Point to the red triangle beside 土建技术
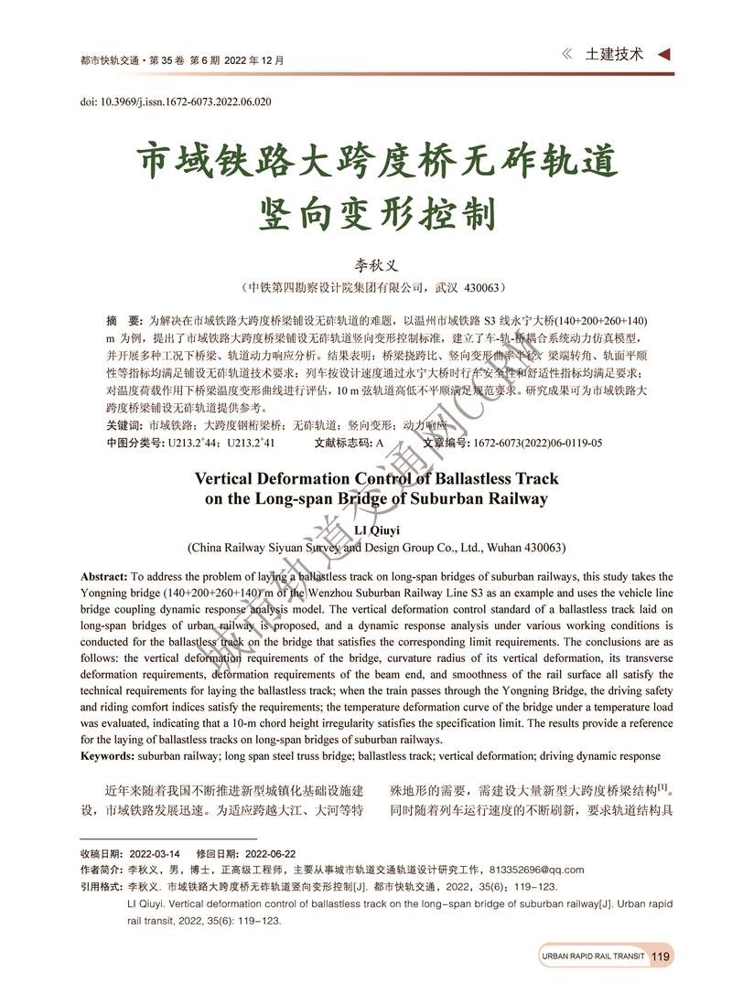coord(664,54)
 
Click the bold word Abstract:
coord(105,577)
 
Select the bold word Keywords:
coord(109,756)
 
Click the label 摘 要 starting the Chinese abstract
coord(124,321)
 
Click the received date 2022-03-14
coord(155,853)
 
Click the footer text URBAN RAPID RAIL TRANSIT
coord(593,956)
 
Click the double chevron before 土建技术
coord(567,54)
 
